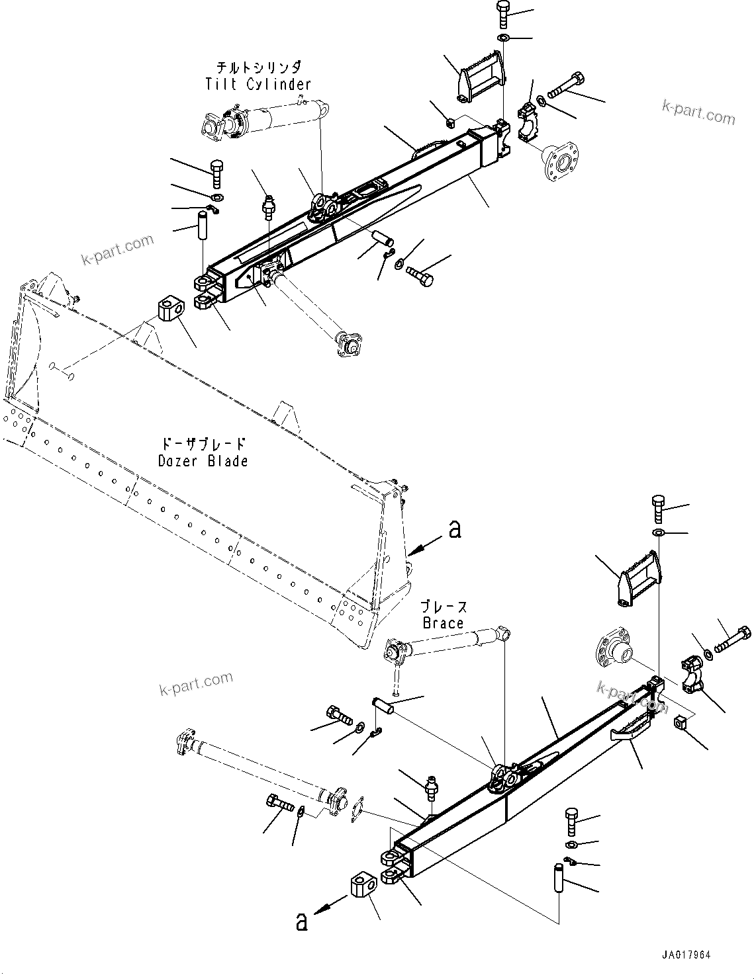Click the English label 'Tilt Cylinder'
pos(258,84)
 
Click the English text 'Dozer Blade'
pos(203,460)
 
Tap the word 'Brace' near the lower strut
pos(443,623)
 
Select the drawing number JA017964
pos(686,955)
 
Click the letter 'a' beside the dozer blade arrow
pos(454,529)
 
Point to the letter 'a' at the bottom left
pos(302,921)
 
